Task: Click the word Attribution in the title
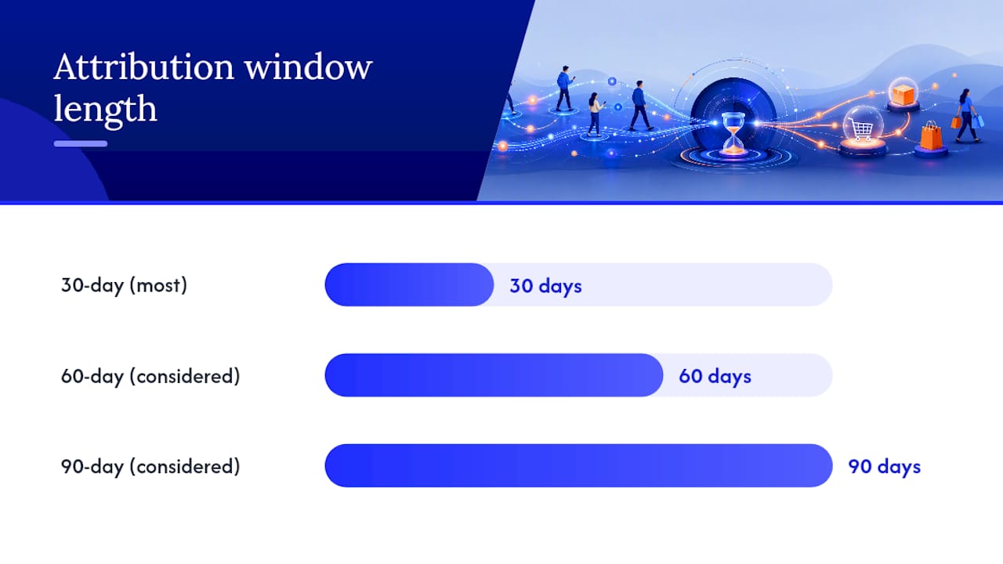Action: tap(143, 67)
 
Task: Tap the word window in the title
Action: tap(309, 67)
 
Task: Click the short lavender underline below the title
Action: tap(81, 143)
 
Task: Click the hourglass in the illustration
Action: tap(733, 133)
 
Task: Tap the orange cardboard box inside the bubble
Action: tap(903, 95)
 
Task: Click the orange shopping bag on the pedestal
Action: tap(931, 136)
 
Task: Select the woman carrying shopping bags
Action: tap(968, 116)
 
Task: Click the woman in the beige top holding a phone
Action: tap(596, 114)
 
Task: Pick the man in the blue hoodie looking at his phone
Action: tap(565, 89)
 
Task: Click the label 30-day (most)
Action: tap(124, 286)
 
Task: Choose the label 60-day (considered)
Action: tap(150, 376)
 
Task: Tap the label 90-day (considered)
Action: tap(150, 466)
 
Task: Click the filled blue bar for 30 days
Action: tap(409, 284)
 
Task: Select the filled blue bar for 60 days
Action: tap(494, 375)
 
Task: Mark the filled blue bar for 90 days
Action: tap(578, 465)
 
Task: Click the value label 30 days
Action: tap(546, 286)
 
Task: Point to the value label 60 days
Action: tap(715, 377)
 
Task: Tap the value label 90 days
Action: tap(885, 467)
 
